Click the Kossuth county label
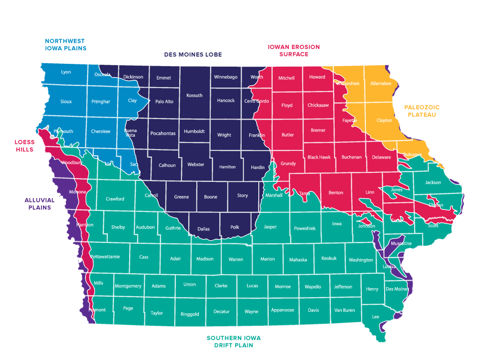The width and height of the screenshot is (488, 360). coord(194,95)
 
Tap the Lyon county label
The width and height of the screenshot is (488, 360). coord(66,72)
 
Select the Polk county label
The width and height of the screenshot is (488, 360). coord(234,228)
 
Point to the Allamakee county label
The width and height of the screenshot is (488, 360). coord(380,83)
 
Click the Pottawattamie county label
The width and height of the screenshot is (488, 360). coord(105,257)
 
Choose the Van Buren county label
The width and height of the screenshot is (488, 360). coord(345,310)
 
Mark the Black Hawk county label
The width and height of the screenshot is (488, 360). coord(319,157)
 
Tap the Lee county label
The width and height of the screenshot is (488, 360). coord(375,317)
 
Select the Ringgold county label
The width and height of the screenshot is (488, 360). coord(190,314)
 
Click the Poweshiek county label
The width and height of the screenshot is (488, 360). coord(305,229)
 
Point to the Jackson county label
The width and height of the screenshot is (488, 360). coord(433,182)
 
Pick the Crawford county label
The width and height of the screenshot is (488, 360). coord(115,199)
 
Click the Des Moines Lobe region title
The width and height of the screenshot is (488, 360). coord(193,55)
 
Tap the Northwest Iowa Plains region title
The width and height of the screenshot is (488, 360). coord(65,44)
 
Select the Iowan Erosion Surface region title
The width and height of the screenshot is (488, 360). coord(294,50)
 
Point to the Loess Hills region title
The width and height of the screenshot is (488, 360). coord(24,145)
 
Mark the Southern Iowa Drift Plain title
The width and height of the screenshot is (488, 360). coord(230,341)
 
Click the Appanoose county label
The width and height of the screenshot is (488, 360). coord(283,310)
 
